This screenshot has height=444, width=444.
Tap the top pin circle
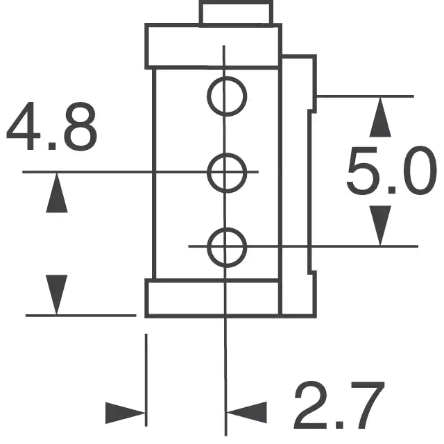point(227,96)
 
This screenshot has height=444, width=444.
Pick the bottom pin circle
point(227,246)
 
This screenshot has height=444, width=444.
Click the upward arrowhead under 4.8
point(56,194)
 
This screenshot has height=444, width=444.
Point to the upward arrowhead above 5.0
point(379,118)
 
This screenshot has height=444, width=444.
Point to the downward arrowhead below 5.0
point(379,224)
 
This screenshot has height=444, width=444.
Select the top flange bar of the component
point(212,47)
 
